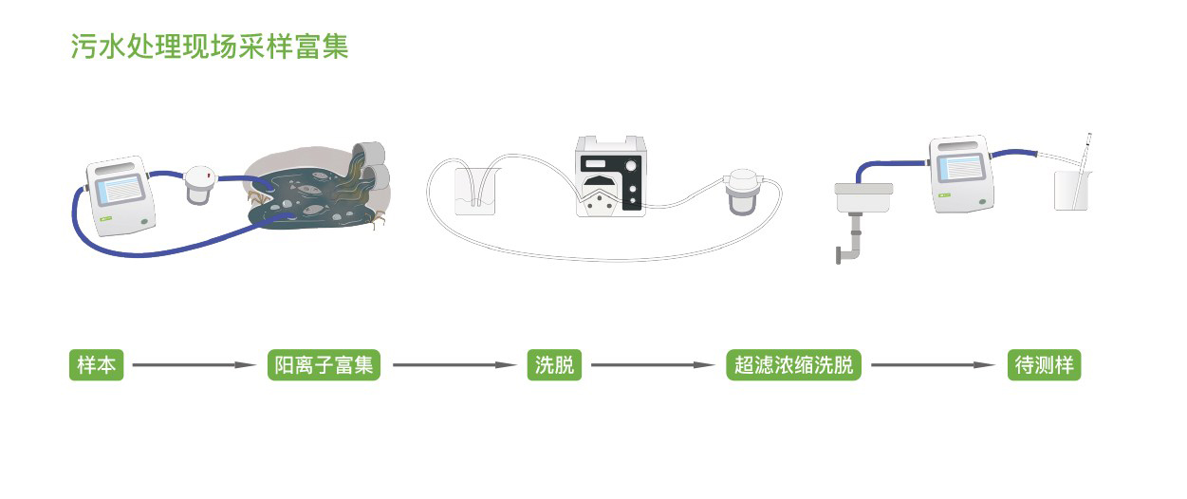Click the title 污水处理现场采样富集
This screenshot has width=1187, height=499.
(210, 46)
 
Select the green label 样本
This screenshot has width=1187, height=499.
(97, 365)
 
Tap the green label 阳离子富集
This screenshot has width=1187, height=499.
(324, 365)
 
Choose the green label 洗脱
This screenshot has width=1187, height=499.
(554, 365)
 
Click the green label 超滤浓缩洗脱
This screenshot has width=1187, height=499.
(793, 365)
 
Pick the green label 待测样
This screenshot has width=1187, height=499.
(1044, 365)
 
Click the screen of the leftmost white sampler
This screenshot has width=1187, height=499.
(120, 195)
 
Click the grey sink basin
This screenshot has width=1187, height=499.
(865, 197)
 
